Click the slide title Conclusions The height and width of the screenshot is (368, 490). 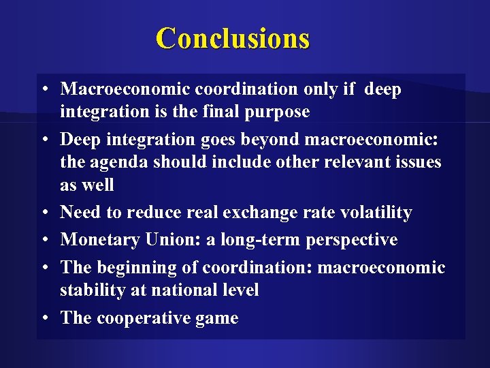coord(233,38)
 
